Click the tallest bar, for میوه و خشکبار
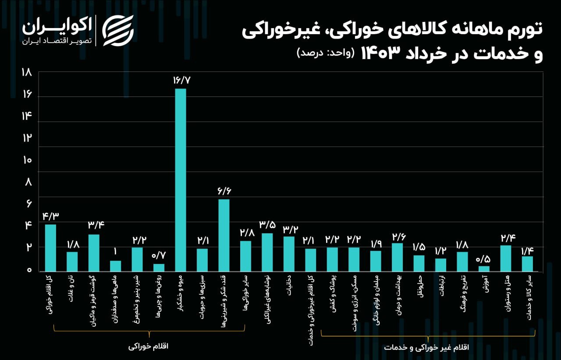click(x=181, y=180)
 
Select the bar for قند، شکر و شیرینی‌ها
click(x=224, y=235)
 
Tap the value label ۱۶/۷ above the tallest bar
click(x=181, y=80)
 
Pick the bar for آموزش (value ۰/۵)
click(x=484, y=268)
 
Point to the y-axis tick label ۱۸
click(x=27, y=73)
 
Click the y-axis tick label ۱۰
click(x=27, y=160)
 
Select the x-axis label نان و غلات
click(x=71, y=291)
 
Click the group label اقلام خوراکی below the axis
click(x=149, y=346)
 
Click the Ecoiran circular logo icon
click(x=118, y=30)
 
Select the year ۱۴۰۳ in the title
click(x=380, y=53)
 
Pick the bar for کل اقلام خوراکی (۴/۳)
click(x=50, y=248)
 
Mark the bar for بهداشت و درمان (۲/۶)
click(x=397, y=257)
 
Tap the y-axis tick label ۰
click(x=29, y=270)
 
